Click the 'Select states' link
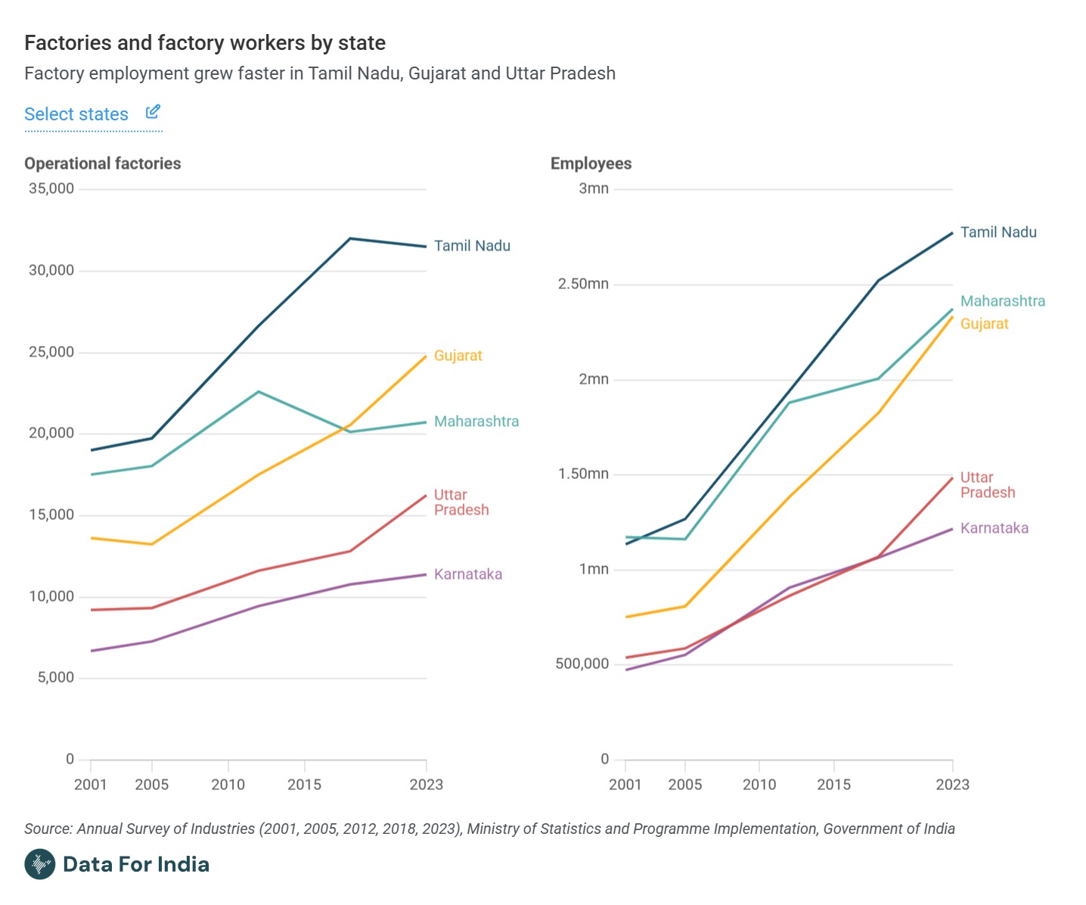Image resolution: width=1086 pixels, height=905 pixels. pyautogui.click(x=76, y=114)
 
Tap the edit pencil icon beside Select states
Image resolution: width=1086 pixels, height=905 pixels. pyautogui.click(x=153, y=112)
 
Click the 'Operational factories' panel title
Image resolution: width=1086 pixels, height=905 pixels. pyautogui.click(x=103, y=163)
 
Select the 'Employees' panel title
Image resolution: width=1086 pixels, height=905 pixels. pyautogui.click(x=591, y=163)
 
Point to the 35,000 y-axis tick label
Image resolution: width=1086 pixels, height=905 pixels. pyautogui.click(x=51, y=188)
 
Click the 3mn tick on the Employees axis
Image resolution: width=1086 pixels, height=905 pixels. pyautogui.click(x=594, y=188)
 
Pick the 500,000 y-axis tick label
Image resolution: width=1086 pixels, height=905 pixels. pyautogui.click(x=582, y=664)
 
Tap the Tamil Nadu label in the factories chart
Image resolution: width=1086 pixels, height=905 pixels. pyautogui.click(x=472, y=246)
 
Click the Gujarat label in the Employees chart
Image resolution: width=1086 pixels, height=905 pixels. pyautogui.click(x=984, y=324)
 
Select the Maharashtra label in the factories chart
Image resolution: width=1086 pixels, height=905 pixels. pyautogui.click(x=476, y=421)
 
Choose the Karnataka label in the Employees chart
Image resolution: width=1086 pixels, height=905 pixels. pyautogui.click(x=994, y=528)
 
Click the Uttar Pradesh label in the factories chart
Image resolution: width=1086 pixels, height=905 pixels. pyautogui.click(x=461, y=502)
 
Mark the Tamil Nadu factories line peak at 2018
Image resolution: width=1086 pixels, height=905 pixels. pyautogui.click(x=350, y=239)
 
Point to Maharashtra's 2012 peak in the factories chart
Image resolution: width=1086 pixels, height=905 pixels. pyautogui.click(x=259, y=392)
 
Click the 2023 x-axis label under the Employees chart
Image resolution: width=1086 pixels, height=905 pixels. pyautogui.click(x=952, y=785)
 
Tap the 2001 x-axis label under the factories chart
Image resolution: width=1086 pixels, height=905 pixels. pyautogui.click(x=91, y=785)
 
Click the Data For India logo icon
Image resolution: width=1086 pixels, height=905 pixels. pyautogui.click(x=40, y=864)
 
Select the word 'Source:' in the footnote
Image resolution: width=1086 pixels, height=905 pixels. pyautogui.click(x=48, y=829)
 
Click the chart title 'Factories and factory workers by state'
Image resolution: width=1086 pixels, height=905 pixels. pyautogui.click(x=205, y=43)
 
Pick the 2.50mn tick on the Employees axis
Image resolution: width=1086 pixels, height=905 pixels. pyautogui.click(x=583, y=284)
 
